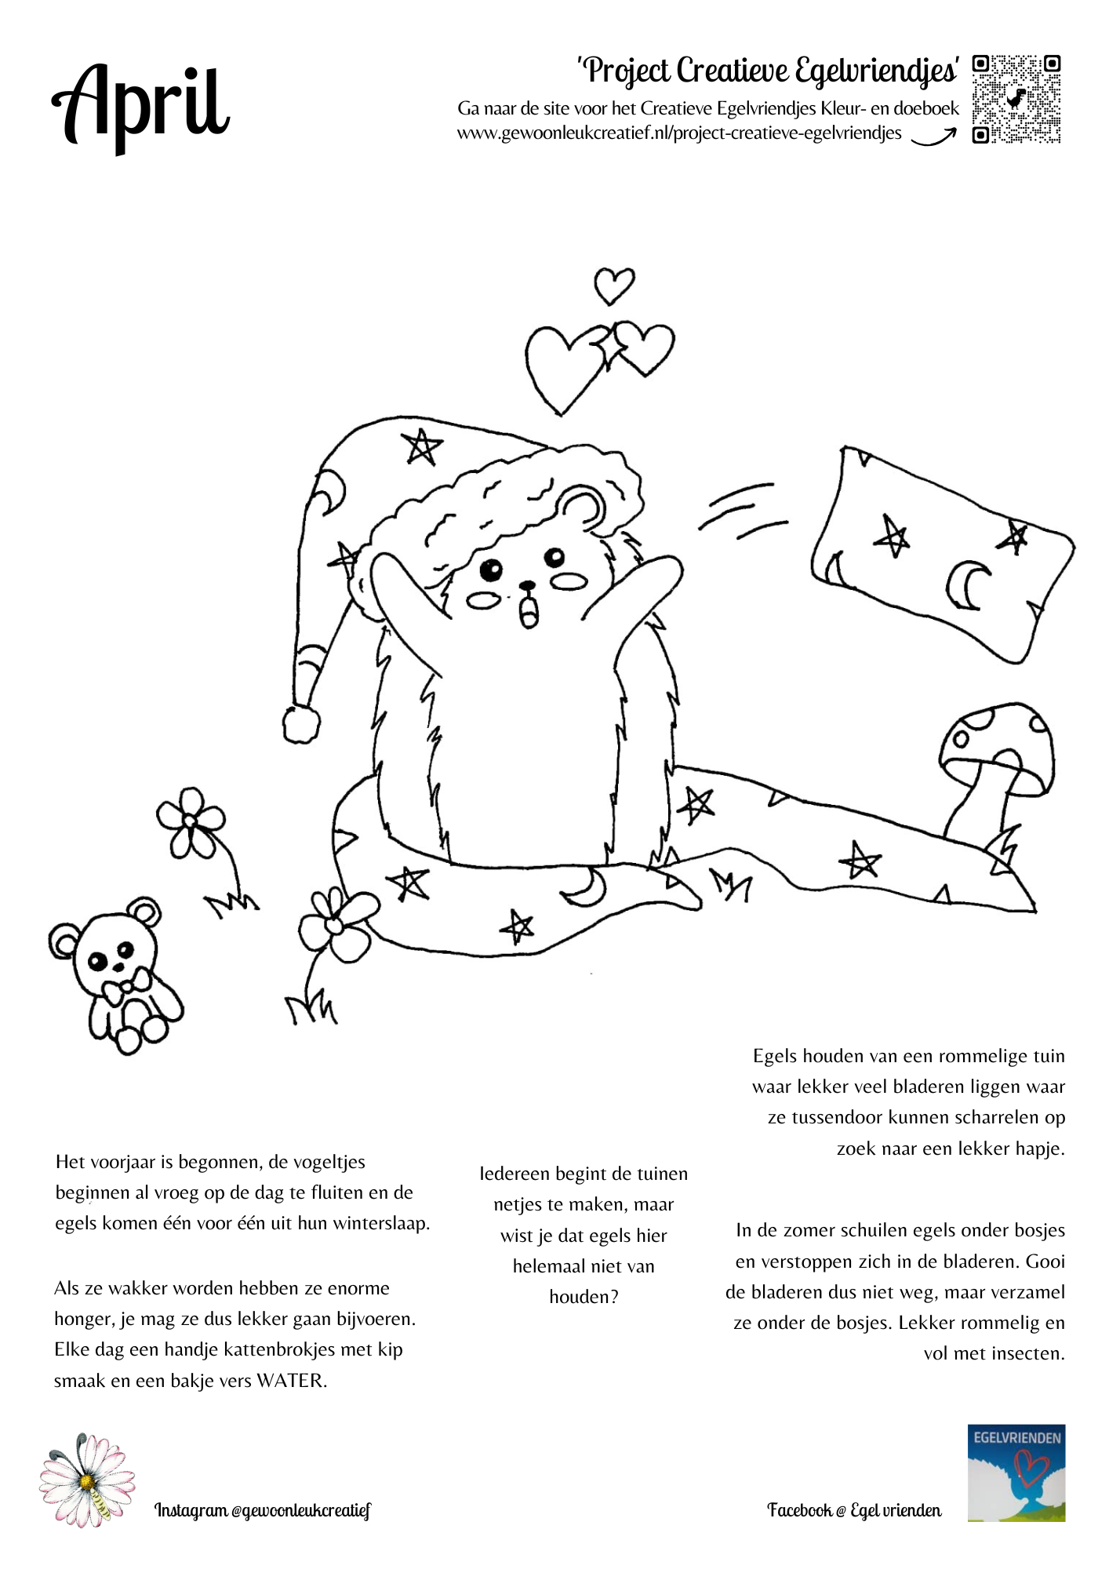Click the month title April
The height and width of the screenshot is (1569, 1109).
coord(141,106)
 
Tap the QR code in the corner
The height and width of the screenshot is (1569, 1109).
coord(1016,99)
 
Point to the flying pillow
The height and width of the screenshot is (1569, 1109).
coord(941,553)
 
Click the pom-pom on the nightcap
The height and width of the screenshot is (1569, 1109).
coord(301,723)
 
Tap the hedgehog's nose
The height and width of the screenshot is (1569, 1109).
coord(528,585)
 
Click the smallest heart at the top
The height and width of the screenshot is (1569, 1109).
coord(613,286)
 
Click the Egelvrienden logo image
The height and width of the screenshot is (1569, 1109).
coord(1016,1473)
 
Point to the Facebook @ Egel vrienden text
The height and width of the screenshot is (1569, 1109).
coord(854,1510)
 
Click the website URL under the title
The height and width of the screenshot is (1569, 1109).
coord(679,133)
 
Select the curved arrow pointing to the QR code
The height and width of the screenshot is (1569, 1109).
coord(933,137)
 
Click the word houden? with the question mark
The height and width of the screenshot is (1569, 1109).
coord(584,1297)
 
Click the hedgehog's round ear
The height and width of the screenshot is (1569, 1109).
coord(582,508)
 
